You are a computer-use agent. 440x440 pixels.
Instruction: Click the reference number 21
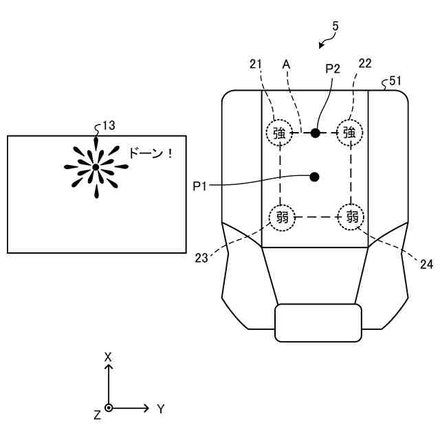pyautogui.click(x=256, y=64)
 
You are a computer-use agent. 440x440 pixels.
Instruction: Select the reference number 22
pyautogui.click(x=365, y=64)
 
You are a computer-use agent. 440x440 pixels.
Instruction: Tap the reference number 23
pyautogui.click(x=201, y=258)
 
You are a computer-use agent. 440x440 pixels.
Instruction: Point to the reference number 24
pyautogui.click(x=426, y=262)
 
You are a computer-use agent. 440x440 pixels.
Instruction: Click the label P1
pyautogui.click(x=200, y=185)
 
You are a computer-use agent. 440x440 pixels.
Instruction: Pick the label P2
pyautogui.click(x=333, y=68)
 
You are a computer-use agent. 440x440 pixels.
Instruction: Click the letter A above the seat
pyautogui.click(x=287, y=64)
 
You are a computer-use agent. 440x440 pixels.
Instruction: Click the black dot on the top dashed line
pyautogui.click(x=316, y=133)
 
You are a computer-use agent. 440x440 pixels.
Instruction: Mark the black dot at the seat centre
pyautogui.click(x=315, y=177)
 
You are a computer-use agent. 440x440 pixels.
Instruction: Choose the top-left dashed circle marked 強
pyautogui.click(x=279, y=133)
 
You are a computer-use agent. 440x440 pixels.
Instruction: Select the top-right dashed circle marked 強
pyautogui.click(x=349, y=133)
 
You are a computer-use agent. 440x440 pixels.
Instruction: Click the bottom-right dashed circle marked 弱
pyautogui.click(x=351, y=218)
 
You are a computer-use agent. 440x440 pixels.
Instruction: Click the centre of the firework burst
pyautogui.click(x=96, y=167)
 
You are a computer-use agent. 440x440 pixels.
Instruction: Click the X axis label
pyautogui.click(x=107, y=357)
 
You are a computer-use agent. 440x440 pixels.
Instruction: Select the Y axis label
pyautogui.click(x=161, y=409)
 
